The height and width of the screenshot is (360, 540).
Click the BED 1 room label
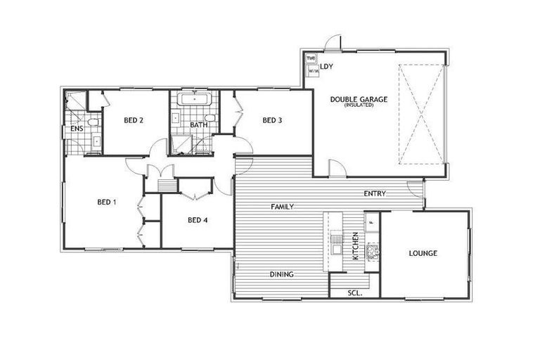[x=106, y=202]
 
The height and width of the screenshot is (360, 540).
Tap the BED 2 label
[x=134, y=120]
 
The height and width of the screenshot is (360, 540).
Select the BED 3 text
[x=272, y=120]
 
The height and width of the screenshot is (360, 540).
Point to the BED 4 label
[x=198, y=219]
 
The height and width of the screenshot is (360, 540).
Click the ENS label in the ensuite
[x=77, y=129]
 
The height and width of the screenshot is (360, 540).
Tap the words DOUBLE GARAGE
[x=359, y=100]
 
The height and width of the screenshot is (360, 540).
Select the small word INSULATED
[x=359, y=106]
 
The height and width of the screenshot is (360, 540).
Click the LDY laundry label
[x=326, y=67]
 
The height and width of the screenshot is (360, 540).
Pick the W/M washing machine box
[x=313, y=71]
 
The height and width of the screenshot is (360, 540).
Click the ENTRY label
[x=373, y=193]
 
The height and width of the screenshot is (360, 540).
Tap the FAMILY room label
[x=283, y=207]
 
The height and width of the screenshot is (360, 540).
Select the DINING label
[x=281, y=274]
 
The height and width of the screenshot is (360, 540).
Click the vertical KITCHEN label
[x=355, y=245]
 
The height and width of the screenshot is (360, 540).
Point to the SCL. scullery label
[x=354, y=293]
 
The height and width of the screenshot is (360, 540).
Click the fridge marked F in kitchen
[x=371, y=223]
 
